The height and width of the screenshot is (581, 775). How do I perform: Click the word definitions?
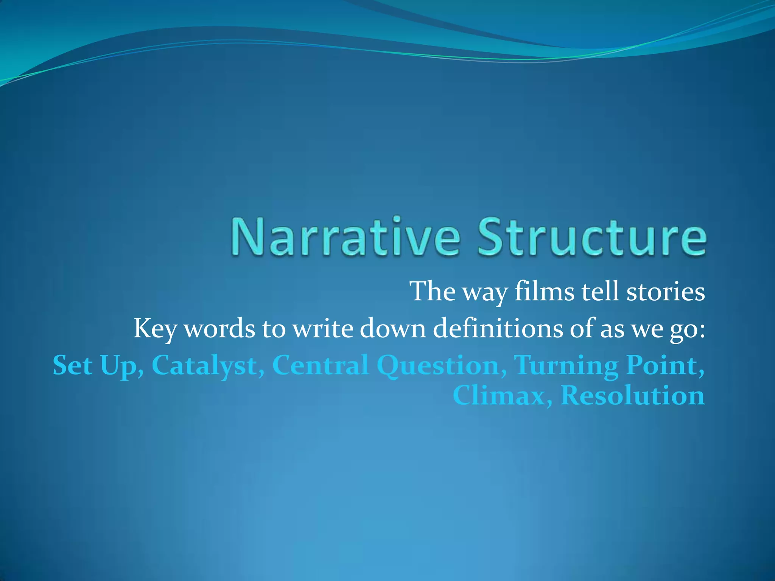[498, 328]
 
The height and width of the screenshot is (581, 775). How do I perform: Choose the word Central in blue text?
[320, 365]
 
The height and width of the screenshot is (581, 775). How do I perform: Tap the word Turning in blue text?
[566, 365]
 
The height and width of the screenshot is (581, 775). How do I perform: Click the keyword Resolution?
[632, 396]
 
